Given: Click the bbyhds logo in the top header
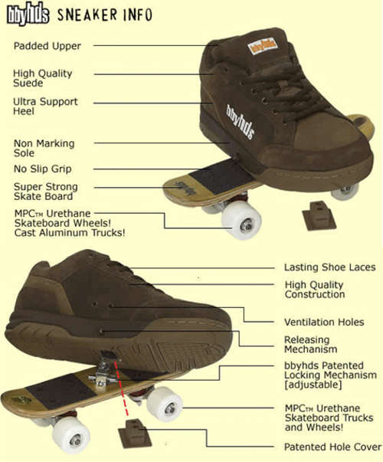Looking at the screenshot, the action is click(28, 14).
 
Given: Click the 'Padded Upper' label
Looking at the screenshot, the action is click(47, 46).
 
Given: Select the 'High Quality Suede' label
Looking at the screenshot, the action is click(42, 78).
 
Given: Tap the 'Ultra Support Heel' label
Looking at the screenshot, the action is click(45, 106).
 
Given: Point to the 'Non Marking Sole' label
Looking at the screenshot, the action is click(44, 148).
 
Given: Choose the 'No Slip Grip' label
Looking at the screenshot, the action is click(43, 169).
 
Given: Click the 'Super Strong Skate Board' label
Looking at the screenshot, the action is click(46, 192).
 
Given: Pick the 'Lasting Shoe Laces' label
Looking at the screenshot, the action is click(329, 267).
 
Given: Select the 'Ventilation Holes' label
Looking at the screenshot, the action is click(324, 322).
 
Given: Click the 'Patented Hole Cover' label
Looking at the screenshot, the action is click(332, 447).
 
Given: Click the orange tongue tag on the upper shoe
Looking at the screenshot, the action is click(262, 46).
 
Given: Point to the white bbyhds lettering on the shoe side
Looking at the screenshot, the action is click(240, 121).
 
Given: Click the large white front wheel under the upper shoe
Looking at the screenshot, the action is click(241, 220).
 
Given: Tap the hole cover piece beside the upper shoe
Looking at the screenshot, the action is click(319, 216).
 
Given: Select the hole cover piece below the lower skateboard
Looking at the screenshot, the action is click(135, 434).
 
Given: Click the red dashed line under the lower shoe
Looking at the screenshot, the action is click(121, 388).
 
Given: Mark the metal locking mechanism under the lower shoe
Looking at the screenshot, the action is click(103, 371).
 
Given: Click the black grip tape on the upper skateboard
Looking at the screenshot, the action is click(221, 176).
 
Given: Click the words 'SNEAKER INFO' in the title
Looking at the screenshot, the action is click(105, 15).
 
